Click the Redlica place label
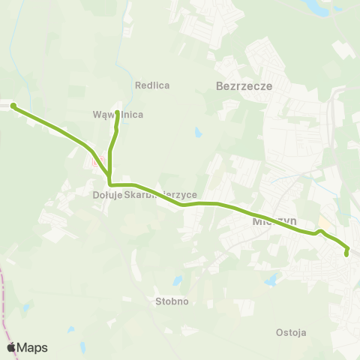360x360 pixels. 152,85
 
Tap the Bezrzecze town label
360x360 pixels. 243,86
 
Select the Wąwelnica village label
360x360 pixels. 118,115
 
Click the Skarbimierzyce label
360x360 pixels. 160,195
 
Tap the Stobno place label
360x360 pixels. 173,301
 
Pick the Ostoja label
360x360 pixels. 291,332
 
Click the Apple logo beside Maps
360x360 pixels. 12,347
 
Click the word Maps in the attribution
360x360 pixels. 32,347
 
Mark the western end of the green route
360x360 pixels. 13,106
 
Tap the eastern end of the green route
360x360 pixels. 346,255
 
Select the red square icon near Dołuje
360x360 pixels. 95,160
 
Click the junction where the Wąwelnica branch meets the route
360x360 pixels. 110,183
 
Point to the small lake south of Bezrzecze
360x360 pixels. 197,133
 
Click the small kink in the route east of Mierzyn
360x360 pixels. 319,231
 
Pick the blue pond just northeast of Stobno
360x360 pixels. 178,281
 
